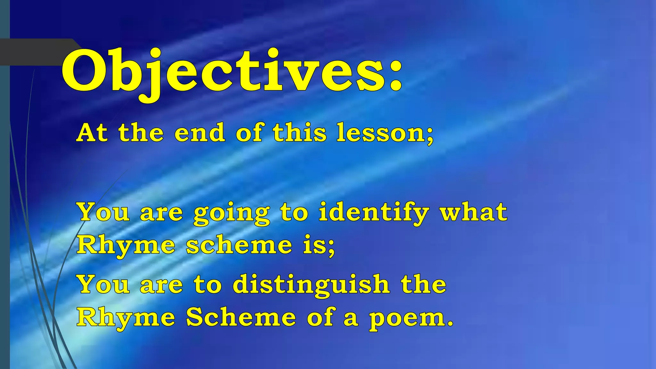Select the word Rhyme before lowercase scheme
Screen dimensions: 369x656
[x=126, y=246]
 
